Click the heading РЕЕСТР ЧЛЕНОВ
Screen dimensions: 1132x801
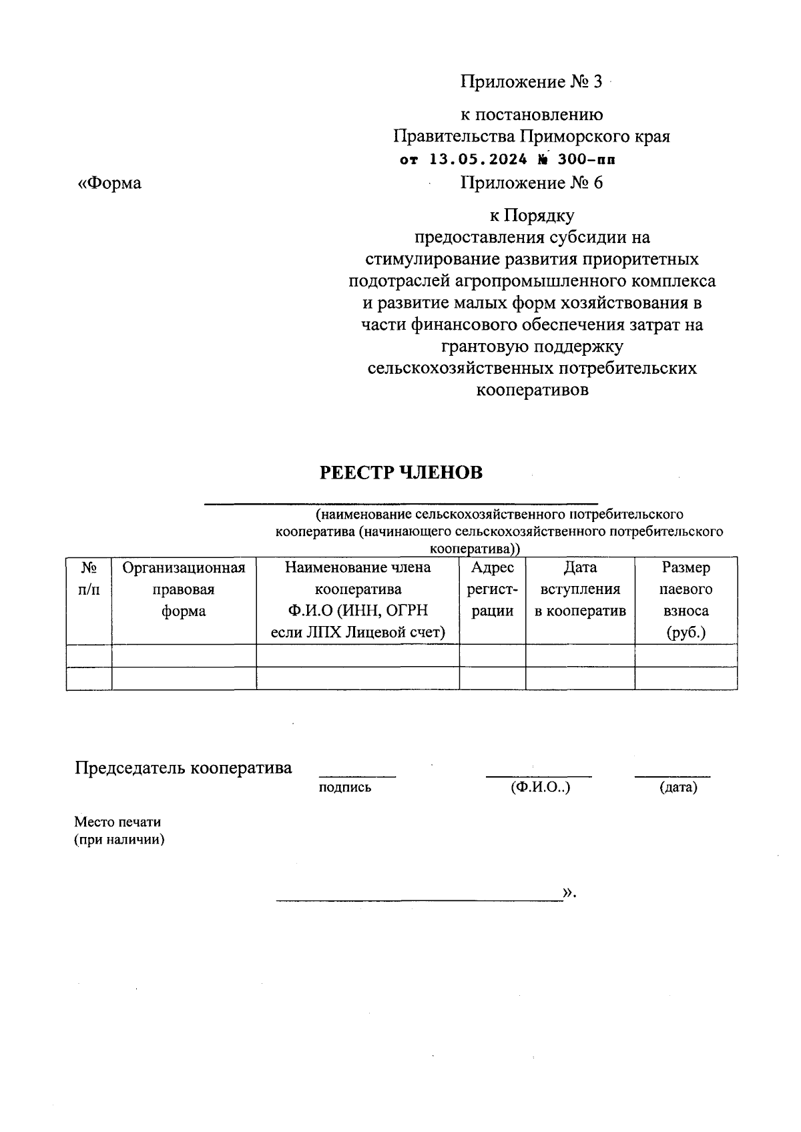pyautogui.click(x=400, y=473)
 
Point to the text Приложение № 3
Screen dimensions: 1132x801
pyautogui.click(x=531, y=82)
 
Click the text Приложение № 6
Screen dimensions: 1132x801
pyautogui.click(x=531, y=183)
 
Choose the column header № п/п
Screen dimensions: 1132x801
pyautogui.click(x=89, y=579)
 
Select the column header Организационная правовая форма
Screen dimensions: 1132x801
pyautogui.click(x=184, y=589)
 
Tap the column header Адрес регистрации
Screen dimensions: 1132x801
pyautogui.click(x=493, y=589)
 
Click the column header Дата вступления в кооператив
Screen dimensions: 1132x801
pyautogui.click(x=580, y=589)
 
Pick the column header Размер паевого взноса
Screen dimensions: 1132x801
pyautogui.click(x=686, y=600)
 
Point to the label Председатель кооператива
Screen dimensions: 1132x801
pyautogui.click(x=183, y=768)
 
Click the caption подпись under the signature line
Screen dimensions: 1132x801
pyautogui.click(x=345, y=788)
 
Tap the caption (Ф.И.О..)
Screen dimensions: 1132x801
pyautogui.click(x=540, y=788)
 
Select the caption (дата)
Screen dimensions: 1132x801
pyautogui.click(x=678, y=788)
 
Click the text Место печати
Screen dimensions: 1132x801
pyautogui.click(x=117, y=822)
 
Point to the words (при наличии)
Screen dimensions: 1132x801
pyautogui.click(x=119, y=840)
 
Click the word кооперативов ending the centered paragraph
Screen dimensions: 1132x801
pyautogui.click(x=532, y=390)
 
